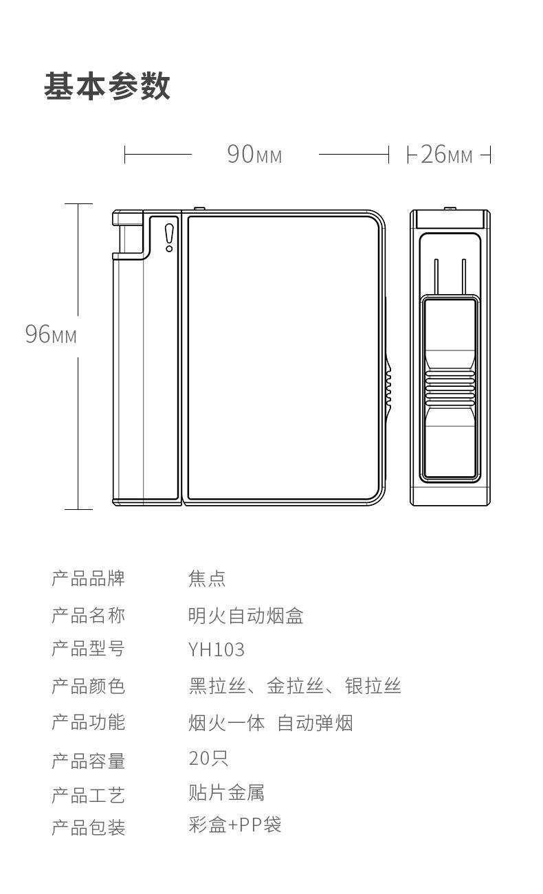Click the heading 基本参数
[x=107, y=87]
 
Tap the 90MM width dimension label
[x=254, y=155]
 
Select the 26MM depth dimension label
[x=447, y=155]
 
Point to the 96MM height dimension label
[x=51, y=335]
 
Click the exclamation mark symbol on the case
[x=169, y=237]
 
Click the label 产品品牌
[x=88, y=578]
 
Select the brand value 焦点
[x=207, y=579]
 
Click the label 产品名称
[x=88, y=614]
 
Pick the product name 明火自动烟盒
[x=245, y=615]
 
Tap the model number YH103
[x=217, y=649]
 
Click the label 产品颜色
[x=88, y=686]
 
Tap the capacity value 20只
[x=208, y=759]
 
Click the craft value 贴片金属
[x=226, y=792]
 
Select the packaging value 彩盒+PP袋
[x=235, y=825]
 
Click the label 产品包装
[x=88, y=827]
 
